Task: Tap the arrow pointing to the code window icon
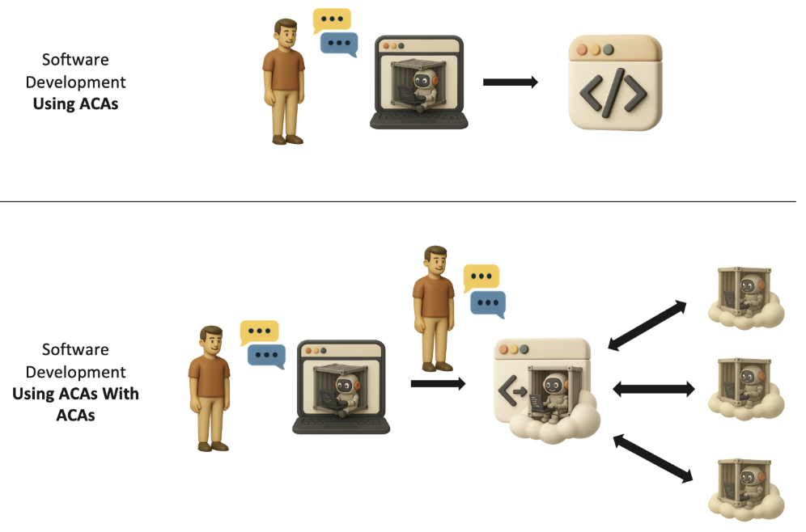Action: pos(510,82)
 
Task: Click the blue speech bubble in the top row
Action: pos(339,44)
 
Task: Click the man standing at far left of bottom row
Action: pos(210,387)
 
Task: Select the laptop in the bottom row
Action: pos(341,386)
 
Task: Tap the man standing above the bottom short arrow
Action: pos(433,306)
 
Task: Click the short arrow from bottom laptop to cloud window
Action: pos(438,383)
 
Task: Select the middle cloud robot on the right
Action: pos(747,387)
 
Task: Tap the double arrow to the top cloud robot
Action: pos(647,325)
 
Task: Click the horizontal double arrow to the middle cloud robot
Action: pos(654,389)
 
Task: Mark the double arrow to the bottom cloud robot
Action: pos(653,458)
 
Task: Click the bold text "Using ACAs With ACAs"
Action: pos(75,404)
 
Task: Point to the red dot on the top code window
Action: pos(581,49)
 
